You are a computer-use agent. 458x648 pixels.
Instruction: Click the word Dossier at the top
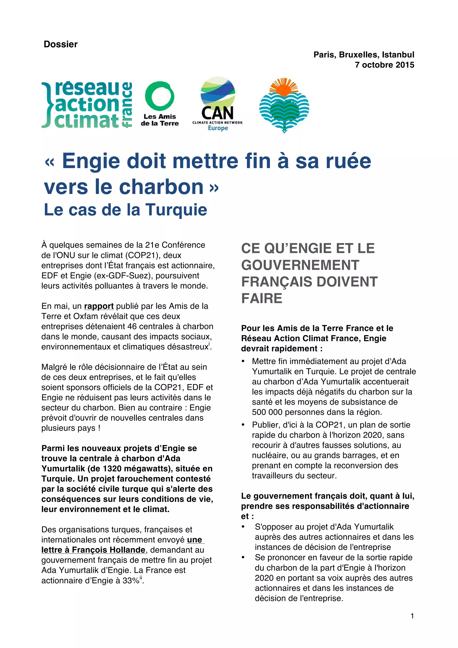(60, 44)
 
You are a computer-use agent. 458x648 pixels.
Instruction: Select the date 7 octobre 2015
(384, 65)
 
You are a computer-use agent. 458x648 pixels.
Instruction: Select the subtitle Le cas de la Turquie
(126, 210)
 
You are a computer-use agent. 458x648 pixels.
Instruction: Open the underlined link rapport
(99, 306)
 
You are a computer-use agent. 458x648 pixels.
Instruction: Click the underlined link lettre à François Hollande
(93, 550)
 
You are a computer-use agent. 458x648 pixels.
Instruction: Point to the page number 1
(412, 616)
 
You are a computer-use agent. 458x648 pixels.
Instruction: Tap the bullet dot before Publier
(243, 425)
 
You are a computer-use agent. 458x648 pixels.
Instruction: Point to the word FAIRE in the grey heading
(262, 298)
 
